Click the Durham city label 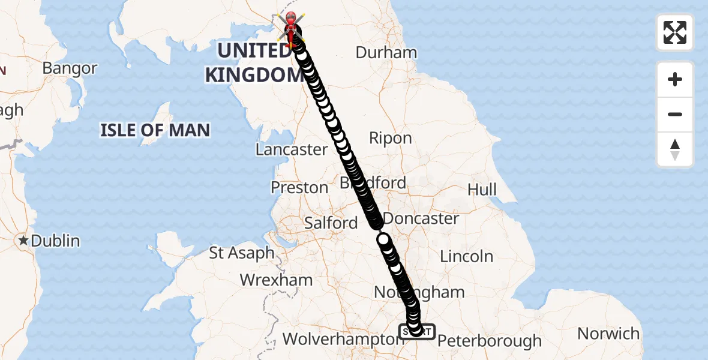click(x=386, y=52)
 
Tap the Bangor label click(x=70, y=68)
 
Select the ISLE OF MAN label click(x=155, y=130)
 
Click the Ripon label click(x=390, y=139)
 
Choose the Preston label click(x=299, y=188)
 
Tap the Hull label click(x=482, y=190)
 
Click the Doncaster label click(x=421, y=218)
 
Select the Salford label click(x=331, y=223)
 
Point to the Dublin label click(x=55, y=241)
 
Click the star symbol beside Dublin click(x=23, y=241)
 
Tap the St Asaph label click(x=242, y=253)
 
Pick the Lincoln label click(x=466, y=257)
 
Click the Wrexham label click(x=276, y=280)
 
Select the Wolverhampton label click(x=340, y=340)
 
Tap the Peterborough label click(x=489, y=341)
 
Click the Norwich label click(x=608, y=333)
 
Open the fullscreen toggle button click(x=675, y=32)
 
